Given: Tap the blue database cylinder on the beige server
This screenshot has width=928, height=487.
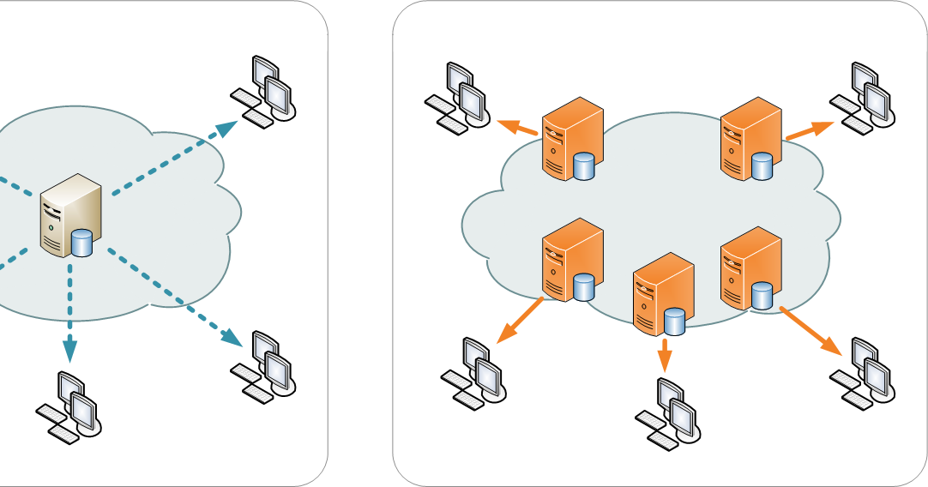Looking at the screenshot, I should [82, 243].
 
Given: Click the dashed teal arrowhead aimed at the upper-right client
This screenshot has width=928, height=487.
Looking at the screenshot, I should [226, 129].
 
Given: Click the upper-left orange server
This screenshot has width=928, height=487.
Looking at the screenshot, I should [571, 138].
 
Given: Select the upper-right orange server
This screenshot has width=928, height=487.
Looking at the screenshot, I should [751, 138].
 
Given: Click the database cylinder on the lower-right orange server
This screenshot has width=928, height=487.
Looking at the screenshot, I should [761, 296].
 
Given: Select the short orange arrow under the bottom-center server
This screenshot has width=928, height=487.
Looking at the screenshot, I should [664, 354].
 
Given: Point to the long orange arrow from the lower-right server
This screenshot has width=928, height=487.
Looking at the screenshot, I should [810, 330].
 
